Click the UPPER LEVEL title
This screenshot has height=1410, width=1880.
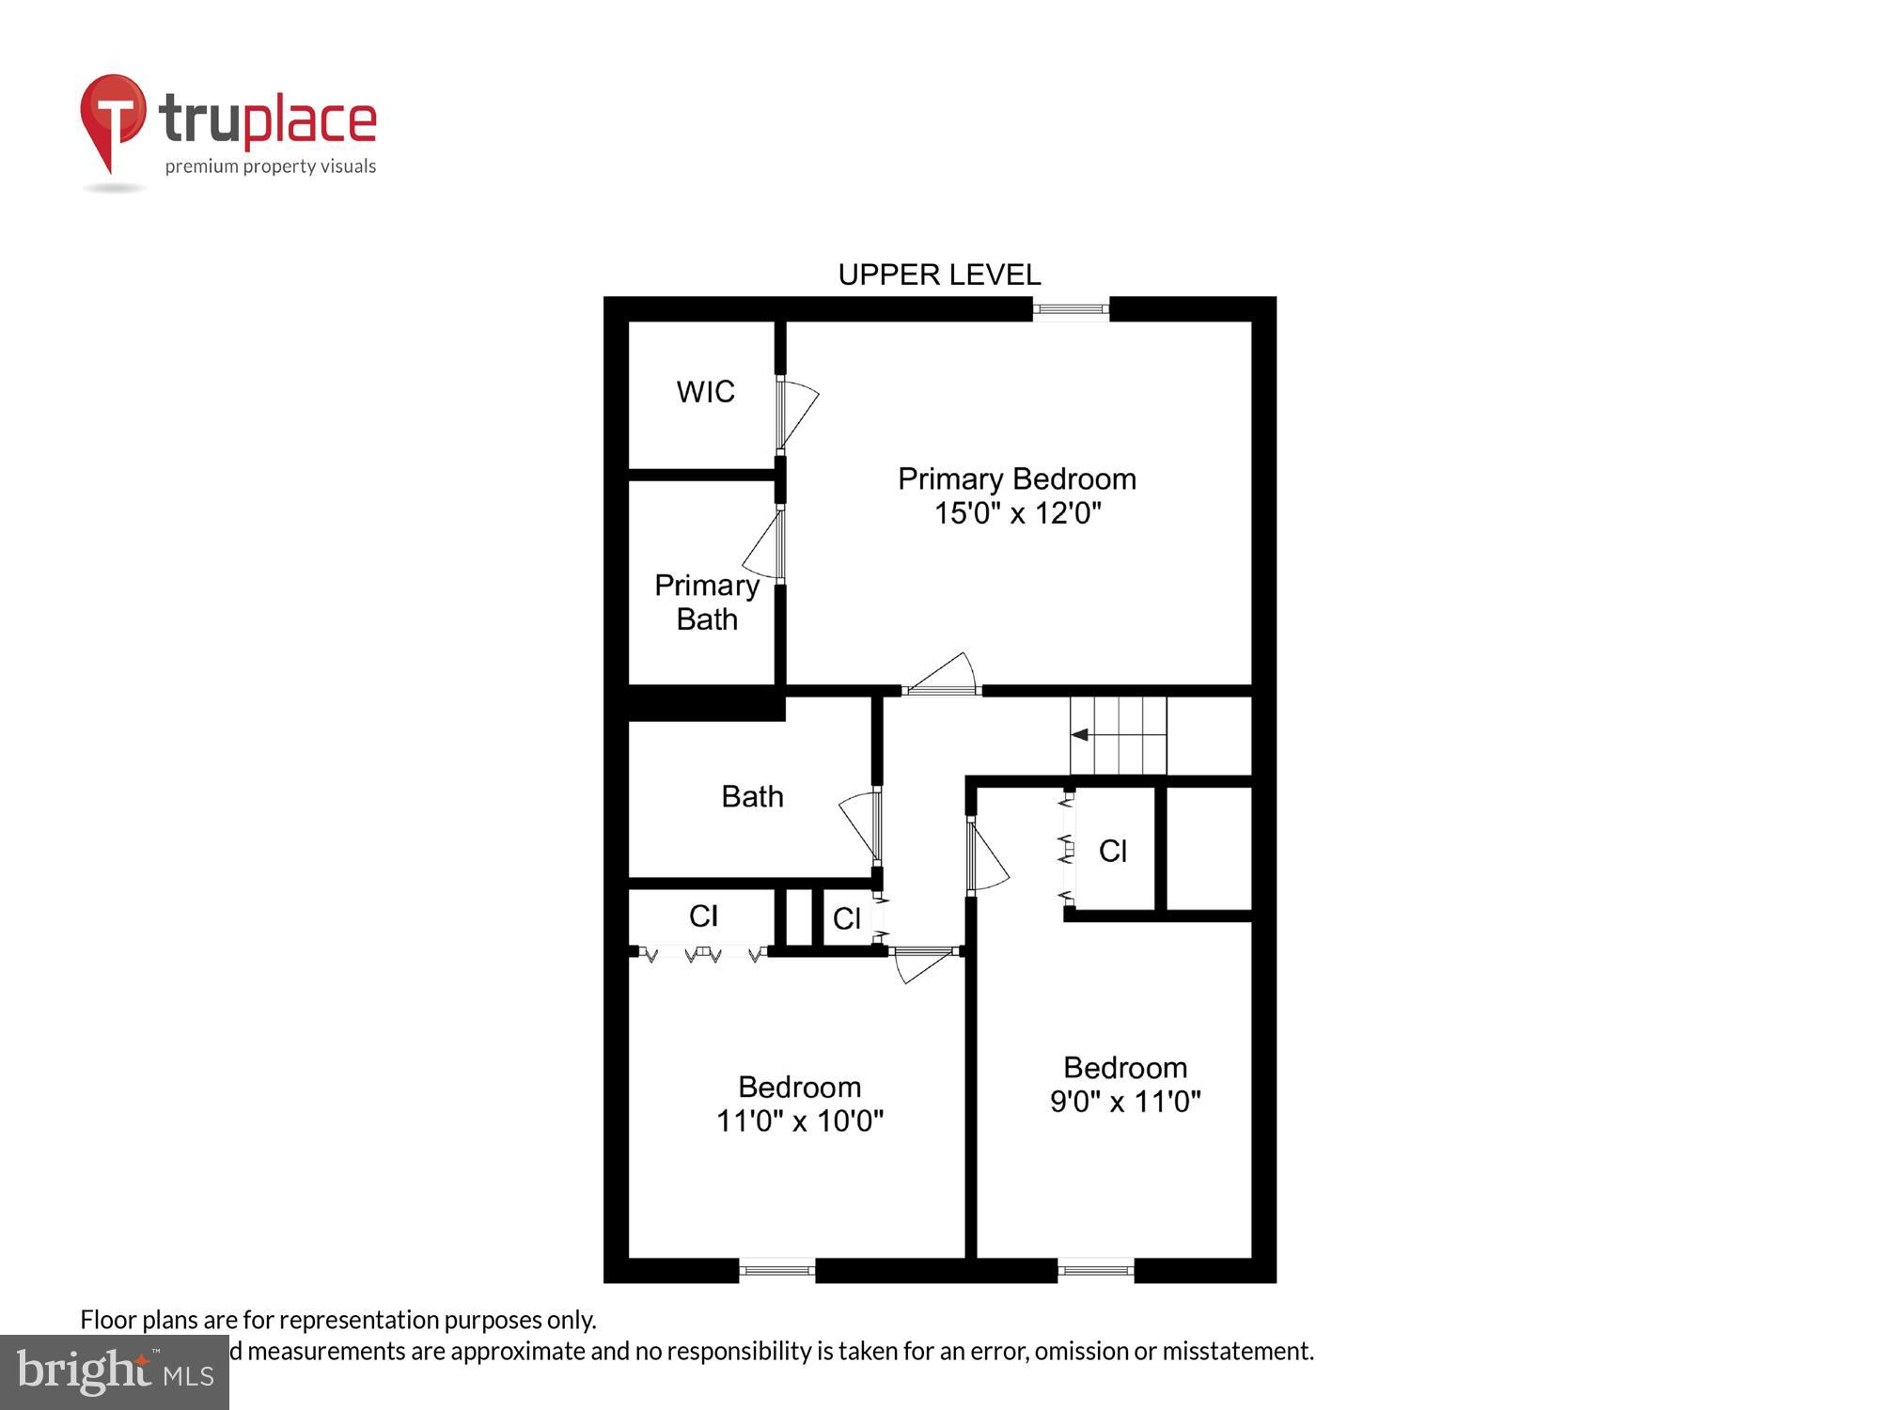pyautogui.click(x=939, y=274)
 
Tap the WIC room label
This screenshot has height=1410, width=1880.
pyautogui.click(x=705, y=392)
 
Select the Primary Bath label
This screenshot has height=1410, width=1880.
pyautogui.click(x=707, y=603)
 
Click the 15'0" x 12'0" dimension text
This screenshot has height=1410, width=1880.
pyautogui.click(x=1017, y=513)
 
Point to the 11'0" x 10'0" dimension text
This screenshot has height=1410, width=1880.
pyautogui.click(x=800, y=1120)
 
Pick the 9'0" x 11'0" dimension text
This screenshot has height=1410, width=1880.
pyautogui.click(x=1125, y=1101)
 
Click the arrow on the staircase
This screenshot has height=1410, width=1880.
pyautogui.click(x=1080, y=735)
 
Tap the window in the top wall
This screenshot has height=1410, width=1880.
pyautogui.click(x=1071, y=308)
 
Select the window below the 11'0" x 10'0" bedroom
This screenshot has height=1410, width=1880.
pyautogui.click(x=776, y=1271)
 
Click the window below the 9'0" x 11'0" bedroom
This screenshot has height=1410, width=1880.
pyautogui.click(x=1095, y=1271)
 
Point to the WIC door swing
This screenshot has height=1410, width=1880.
pyautogui.click(x=797, y=414)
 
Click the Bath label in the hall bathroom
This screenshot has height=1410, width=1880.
pyautogui.click(x=752, y=797)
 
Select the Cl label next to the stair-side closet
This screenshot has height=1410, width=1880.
pyautogui.click(x=1113, y=852)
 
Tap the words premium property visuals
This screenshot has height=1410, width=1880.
pyautogui.click(x=271, y=167)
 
